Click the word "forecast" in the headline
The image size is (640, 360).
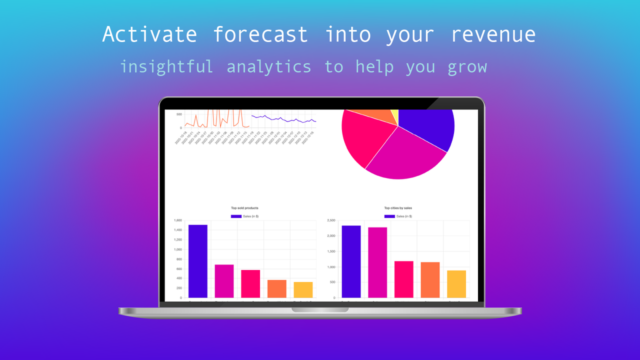[x=260, y=34]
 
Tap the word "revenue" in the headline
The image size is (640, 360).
[x=493, y=34]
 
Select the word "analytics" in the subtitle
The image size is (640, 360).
[x=269, y=66]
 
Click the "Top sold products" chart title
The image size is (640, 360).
[x=244, y=208]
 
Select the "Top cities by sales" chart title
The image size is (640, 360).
[x=398, y=208]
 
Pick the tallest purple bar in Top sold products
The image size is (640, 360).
[x=198, y=261]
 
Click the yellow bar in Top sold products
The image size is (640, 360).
[x=303, y=290]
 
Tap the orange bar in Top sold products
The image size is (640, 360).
[x=277, y=289]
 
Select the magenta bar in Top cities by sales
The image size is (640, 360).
[x=377, y=262]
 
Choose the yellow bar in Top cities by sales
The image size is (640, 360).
[x=456, y=284]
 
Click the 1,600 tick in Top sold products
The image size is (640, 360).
[x=177, y=220]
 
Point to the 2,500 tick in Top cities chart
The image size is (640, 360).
[x=331, y=220]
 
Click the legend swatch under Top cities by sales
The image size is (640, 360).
[x=389, y=216]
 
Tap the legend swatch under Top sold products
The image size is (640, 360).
[x=236, y=216]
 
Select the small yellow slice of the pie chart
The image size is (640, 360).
[x=395, y=115]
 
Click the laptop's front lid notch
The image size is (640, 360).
[x=320, y=310]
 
